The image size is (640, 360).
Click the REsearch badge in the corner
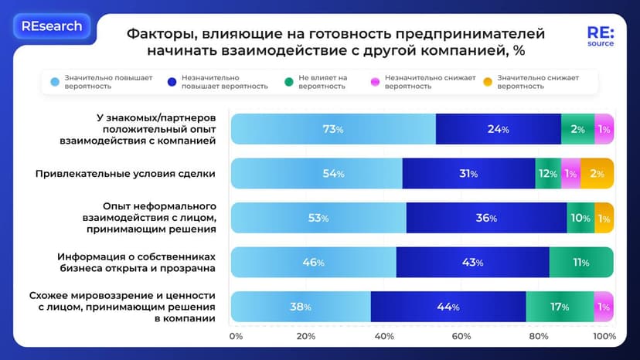point(52,26)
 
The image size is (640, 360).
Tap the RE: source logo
point(600,37)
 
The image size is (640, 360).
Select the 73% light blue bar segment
point(333,129)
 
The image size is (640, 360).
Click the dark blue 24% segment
point(498,129)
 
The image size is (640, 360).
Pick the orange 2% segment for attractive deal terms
point(597,174)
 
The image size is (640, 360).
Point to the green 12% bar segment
point(547,174)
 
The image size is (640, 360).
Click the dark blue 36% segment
point(486,218)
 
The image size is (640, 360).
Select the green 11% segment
point(580,263)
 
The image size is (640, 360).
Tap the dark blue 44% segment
point(448,307)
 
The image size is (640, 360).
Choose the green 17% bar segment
point(560,307)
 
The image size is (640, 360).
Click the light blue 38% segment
point(301,307)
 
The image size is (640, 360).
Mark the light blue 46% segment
point(313,263)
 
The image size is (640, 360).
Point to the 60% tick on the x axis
point(461,336)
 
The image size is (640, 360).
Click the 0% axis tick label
point(237,336)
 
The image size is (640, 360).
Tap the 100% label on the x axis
point(604,336)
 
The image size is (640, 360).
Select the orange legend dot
point(487,82)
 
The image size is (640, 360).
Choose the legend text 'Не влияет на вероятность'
point(324,82)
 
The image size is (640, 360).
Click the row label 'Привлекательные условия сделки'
point(125,174)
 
